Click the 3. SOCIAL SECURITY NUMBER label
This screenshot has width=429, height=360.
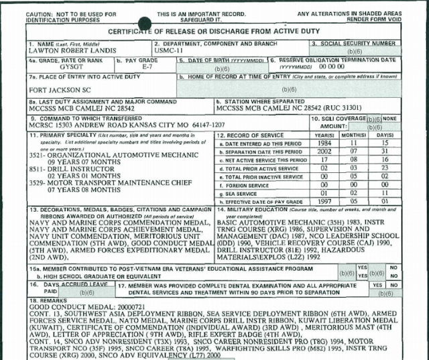point(355,43)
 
